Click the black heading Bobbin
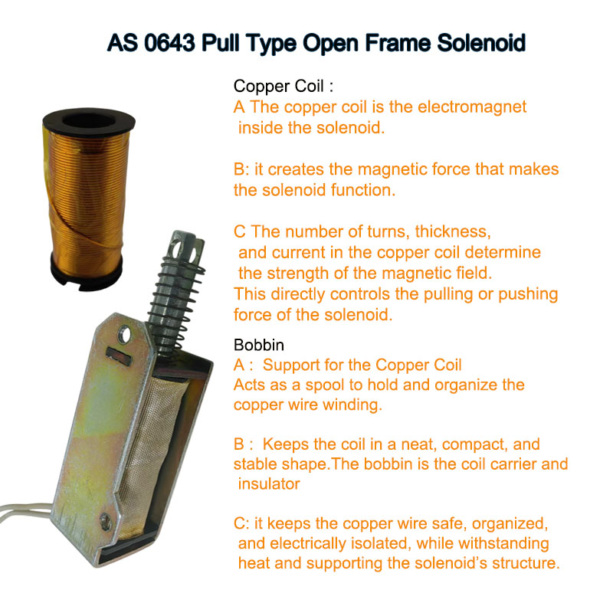[258, 346]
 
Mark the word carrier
[501, 464]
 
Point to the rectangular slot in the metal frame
[116, 354]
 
